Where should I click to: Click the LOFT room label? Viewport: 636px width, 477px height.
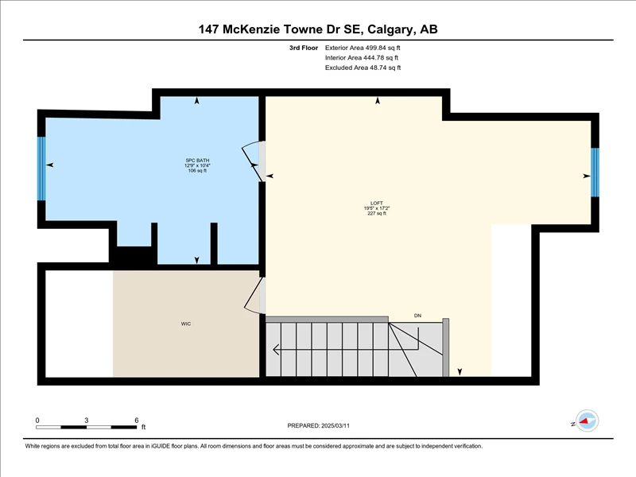[376, 204]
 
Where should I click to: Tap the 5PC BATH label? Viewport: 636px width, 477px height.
[197, 161]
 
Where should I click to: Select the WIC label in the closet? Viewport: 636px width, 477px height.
[186, 324]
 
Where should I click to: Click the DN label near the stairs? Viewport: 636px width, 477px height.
[418, 316]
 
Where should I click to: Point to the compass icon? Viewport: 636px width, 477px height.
[587, 421]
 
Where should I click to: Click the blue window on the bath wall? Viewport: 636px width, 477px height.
[41, 169]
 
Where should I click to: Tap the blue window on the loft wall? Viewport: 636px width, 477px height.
[595, 173]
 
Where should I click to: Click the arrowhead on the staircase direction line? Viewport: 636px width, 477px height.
[276, 349]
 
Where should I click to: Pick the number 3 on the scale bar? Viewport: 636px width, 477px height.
[86, 421]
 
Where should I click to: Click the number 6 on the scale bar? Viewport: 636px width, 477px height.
[137, 421]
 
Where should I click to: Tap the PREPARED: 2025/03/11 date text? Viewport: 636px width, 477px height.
[319, 426]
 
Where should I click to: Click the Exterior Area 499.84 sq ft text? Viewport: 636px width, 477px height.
[363, 48]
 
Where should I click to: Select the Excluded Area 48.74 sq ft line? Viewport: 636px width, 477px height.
[363, 68]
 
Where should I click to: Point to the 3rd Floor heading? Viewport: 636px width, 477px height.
[304, 48]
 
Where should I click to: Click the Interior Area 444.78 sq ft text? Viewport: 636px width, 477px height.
[362, 57]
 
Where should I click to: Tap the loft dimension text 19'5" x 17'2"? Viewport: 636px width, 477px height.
[376, 208]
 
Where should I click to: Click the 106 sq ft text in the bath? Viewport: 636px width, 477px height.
[197, 171]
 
